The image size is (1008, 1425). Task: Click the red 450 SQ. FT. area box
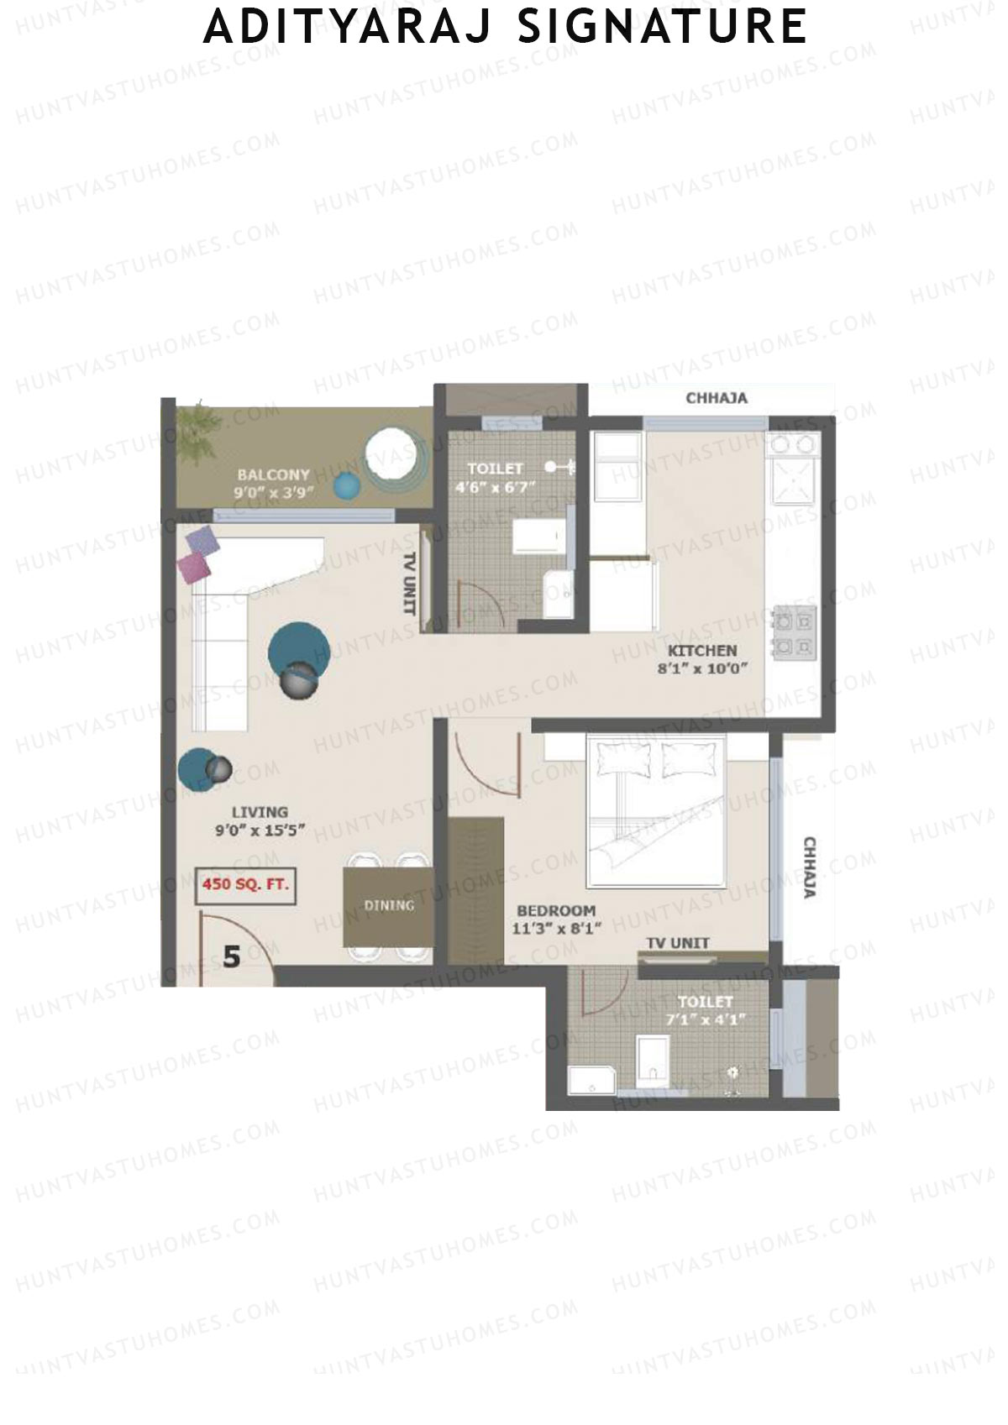(245, 885)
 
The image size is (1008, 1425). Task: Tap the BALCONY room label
(273, 475)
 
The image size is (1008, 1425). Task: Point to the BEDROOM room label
(556, 911)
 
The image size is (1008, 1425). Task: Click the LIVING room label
(260, 812)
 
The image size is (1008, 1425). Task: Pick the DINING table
(388, 907)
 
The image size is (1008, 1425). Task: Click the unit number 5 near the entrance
(232, 956)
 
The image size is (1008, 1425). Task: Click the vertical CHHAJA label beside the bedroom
(810, 867)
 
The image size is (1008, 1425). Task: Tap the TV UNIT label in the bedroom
(678, 944)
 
